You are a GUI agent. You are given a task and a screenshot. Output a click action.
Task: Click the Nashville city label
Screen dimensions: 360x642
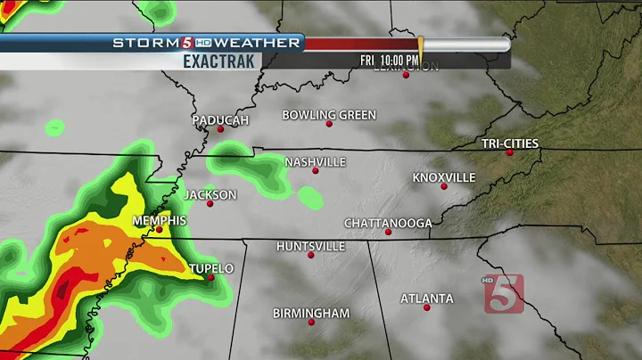click(x=315, y=161)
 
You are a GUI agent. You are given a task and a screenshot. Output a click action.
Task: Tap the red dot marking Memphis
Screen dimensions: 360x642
click(x=159, y=229)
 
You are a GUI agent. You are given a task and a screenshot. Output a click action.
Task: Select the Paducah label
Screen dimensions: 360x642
click(x=220, y=119)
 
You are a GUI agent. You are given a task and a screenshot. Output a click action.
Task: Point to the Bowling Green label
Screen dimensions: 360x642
click(x=329, y=115)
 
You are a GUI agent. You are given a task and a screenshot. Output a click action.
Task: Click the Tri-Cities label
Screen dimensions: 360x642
click(x=510, y=143)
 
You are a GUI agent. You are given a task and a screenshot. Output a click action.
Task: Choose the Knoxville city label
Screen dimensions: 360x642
click(x=444, y=177)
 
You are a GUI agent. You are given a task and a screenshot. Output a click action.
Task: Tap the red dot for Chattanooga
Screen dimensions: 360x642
click(x=389, y=232)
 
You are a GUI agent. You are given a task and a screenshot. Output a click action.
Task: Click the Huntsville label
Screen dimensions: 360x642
click(x=310, y=246)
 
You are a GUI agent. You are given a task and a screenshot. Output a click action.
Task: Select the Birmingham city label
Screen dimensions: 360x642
click(x=311, y=313)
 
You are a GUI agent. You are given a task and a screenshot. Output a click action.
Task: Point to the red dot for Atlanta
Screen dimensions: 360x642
click(x=427, y=307)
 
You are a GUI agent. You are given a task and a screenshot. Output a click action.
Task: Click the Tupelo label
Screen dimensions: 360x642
click(x=211, y=268)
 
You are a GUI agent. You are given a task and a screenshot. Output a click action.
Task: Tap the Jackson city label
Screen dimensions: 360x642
click(x=210, y=194)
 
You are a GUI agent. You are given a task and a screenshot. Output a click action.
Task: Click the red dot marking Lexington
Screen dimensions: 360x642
click(x=406, y=75)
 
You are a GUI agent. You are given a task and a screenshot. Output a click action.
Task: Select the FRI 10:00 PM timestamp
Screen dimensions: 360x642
click(x=390, y=59)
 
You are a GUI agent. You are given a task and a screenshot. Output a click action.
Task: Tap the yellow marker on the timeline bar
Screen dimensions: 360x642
click(x=420, y=44)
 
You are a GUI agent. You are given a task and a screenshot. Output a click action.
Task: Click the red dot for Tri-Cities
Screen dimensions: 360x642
click(x=510, y=152)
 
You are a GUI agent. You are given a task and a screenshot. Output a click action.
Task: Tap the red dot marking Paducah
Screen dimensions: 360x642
click(x=220, y=129)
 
